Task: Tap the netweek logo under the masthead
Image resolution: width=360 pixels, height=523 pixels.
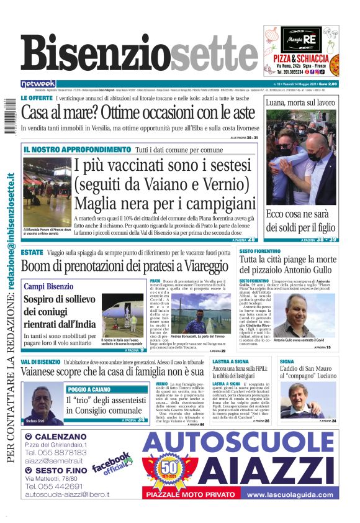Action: click(38, 83)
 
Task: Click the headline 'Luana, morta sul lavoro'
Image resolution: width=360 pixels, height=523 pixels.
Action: click(300, 102)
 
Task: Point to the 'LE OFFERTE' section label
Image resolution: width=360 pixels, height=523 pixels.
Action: click(36, 99)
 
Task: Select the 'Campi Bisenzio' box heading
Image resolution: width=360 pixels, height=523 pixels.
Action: click(48, 286)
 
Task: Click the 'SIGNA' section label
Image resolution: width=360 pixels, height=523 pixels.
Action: click(287, 361)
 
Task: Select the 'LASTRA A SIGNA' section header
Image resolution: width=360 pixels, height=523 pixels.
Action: click(230, 361)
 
